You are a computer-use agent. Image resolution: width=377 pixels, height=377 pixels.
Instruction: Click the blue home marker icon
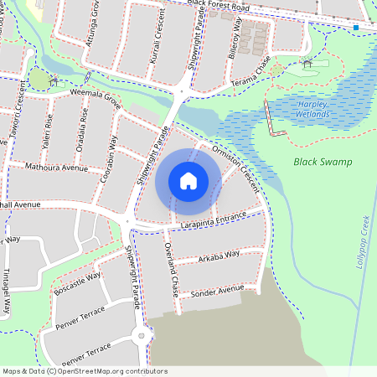188,181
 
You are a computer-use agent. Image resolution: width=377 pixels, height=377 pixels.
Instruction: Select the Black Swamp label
323,162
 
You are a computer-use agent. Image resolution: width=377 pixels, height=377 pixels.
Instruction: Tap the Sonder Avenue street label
218,290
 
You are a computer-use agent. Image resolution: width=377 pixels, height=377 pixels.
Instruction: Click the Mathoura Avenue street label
56,168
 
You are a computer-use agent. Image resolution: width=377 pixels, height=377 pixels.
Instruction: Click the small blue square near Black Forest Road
356,28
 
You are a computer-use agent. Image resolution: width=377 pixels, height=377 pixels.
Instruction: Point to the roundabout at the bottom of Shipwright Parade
140,338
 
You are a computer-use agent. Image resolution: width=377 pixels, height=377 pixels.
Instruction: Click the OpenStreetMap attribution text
85,370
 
